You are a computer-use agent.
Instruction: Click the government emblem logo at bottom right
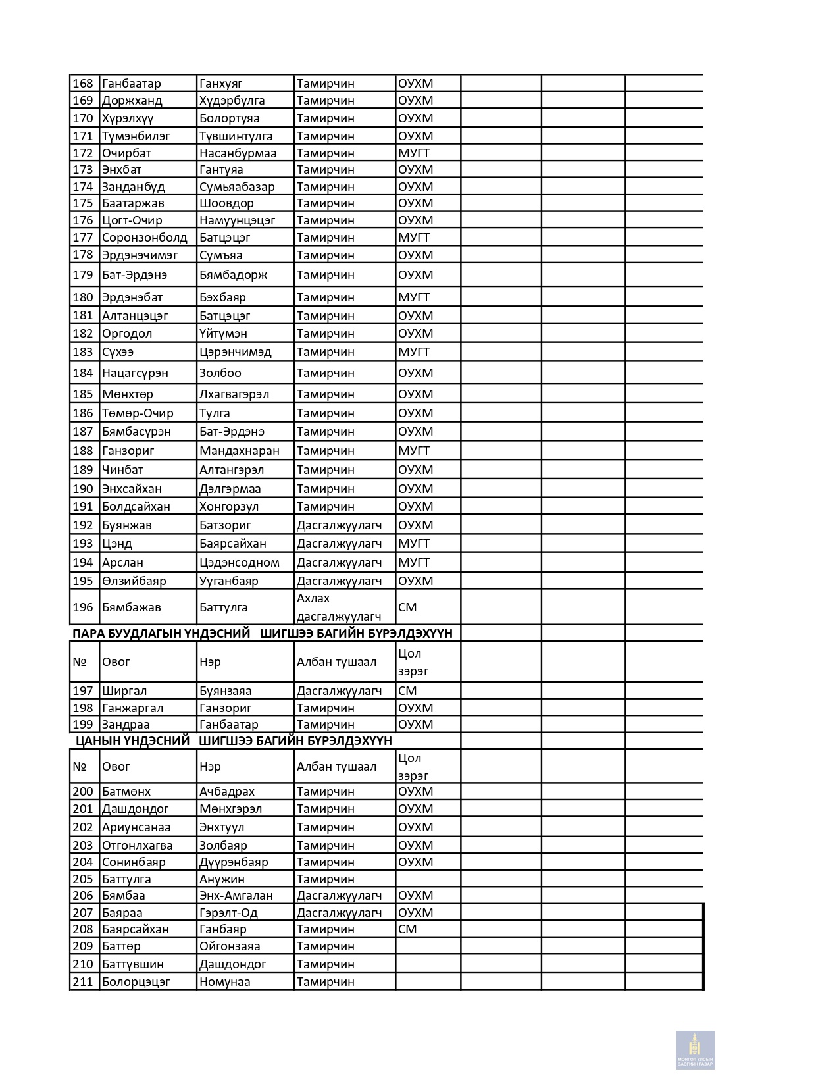(x=695, y=1049)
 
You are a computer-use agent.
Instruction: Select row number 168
(x=83, y=84)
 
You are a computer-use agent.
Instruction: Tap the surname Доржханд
(x=132, y=101)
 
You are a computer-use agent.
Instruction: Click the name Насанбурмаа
(x=238, y=153)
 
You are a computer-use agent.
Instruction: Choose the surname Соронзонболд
(x=144, y=238)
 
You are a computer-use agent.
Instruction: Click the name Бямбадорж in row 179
(x=233, y=275)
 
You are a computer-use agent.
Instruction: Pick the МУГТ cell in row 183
(x=413, y=352)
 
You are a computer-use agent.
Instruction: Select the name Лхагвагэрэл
(x=234, y=394)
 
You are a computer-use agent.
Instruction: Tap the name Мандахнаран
(x=239, y=451)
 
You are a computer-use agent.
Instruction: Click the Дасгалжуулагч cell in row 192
(x=339, y=525)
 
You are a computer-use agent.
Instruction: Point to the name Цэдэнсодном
(x=239, y=563)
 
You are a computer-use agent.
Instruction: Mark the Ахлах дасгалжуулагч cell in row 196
(x=338, y=607)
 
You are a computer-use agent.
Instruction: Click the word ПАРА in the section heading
(x=88, y=634)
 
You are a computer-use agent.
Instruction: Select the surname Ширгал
(x=124, y=691)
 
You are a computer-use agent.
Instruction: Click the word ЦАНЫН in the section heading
(x=97, y=741)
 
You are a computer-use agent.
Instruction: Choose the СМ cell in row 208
(x=407, y=929)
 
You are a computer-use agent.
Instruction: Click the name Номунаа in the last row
(x=224, y=982)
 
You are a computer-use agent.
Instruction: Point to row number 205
(x=83, y=879)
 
